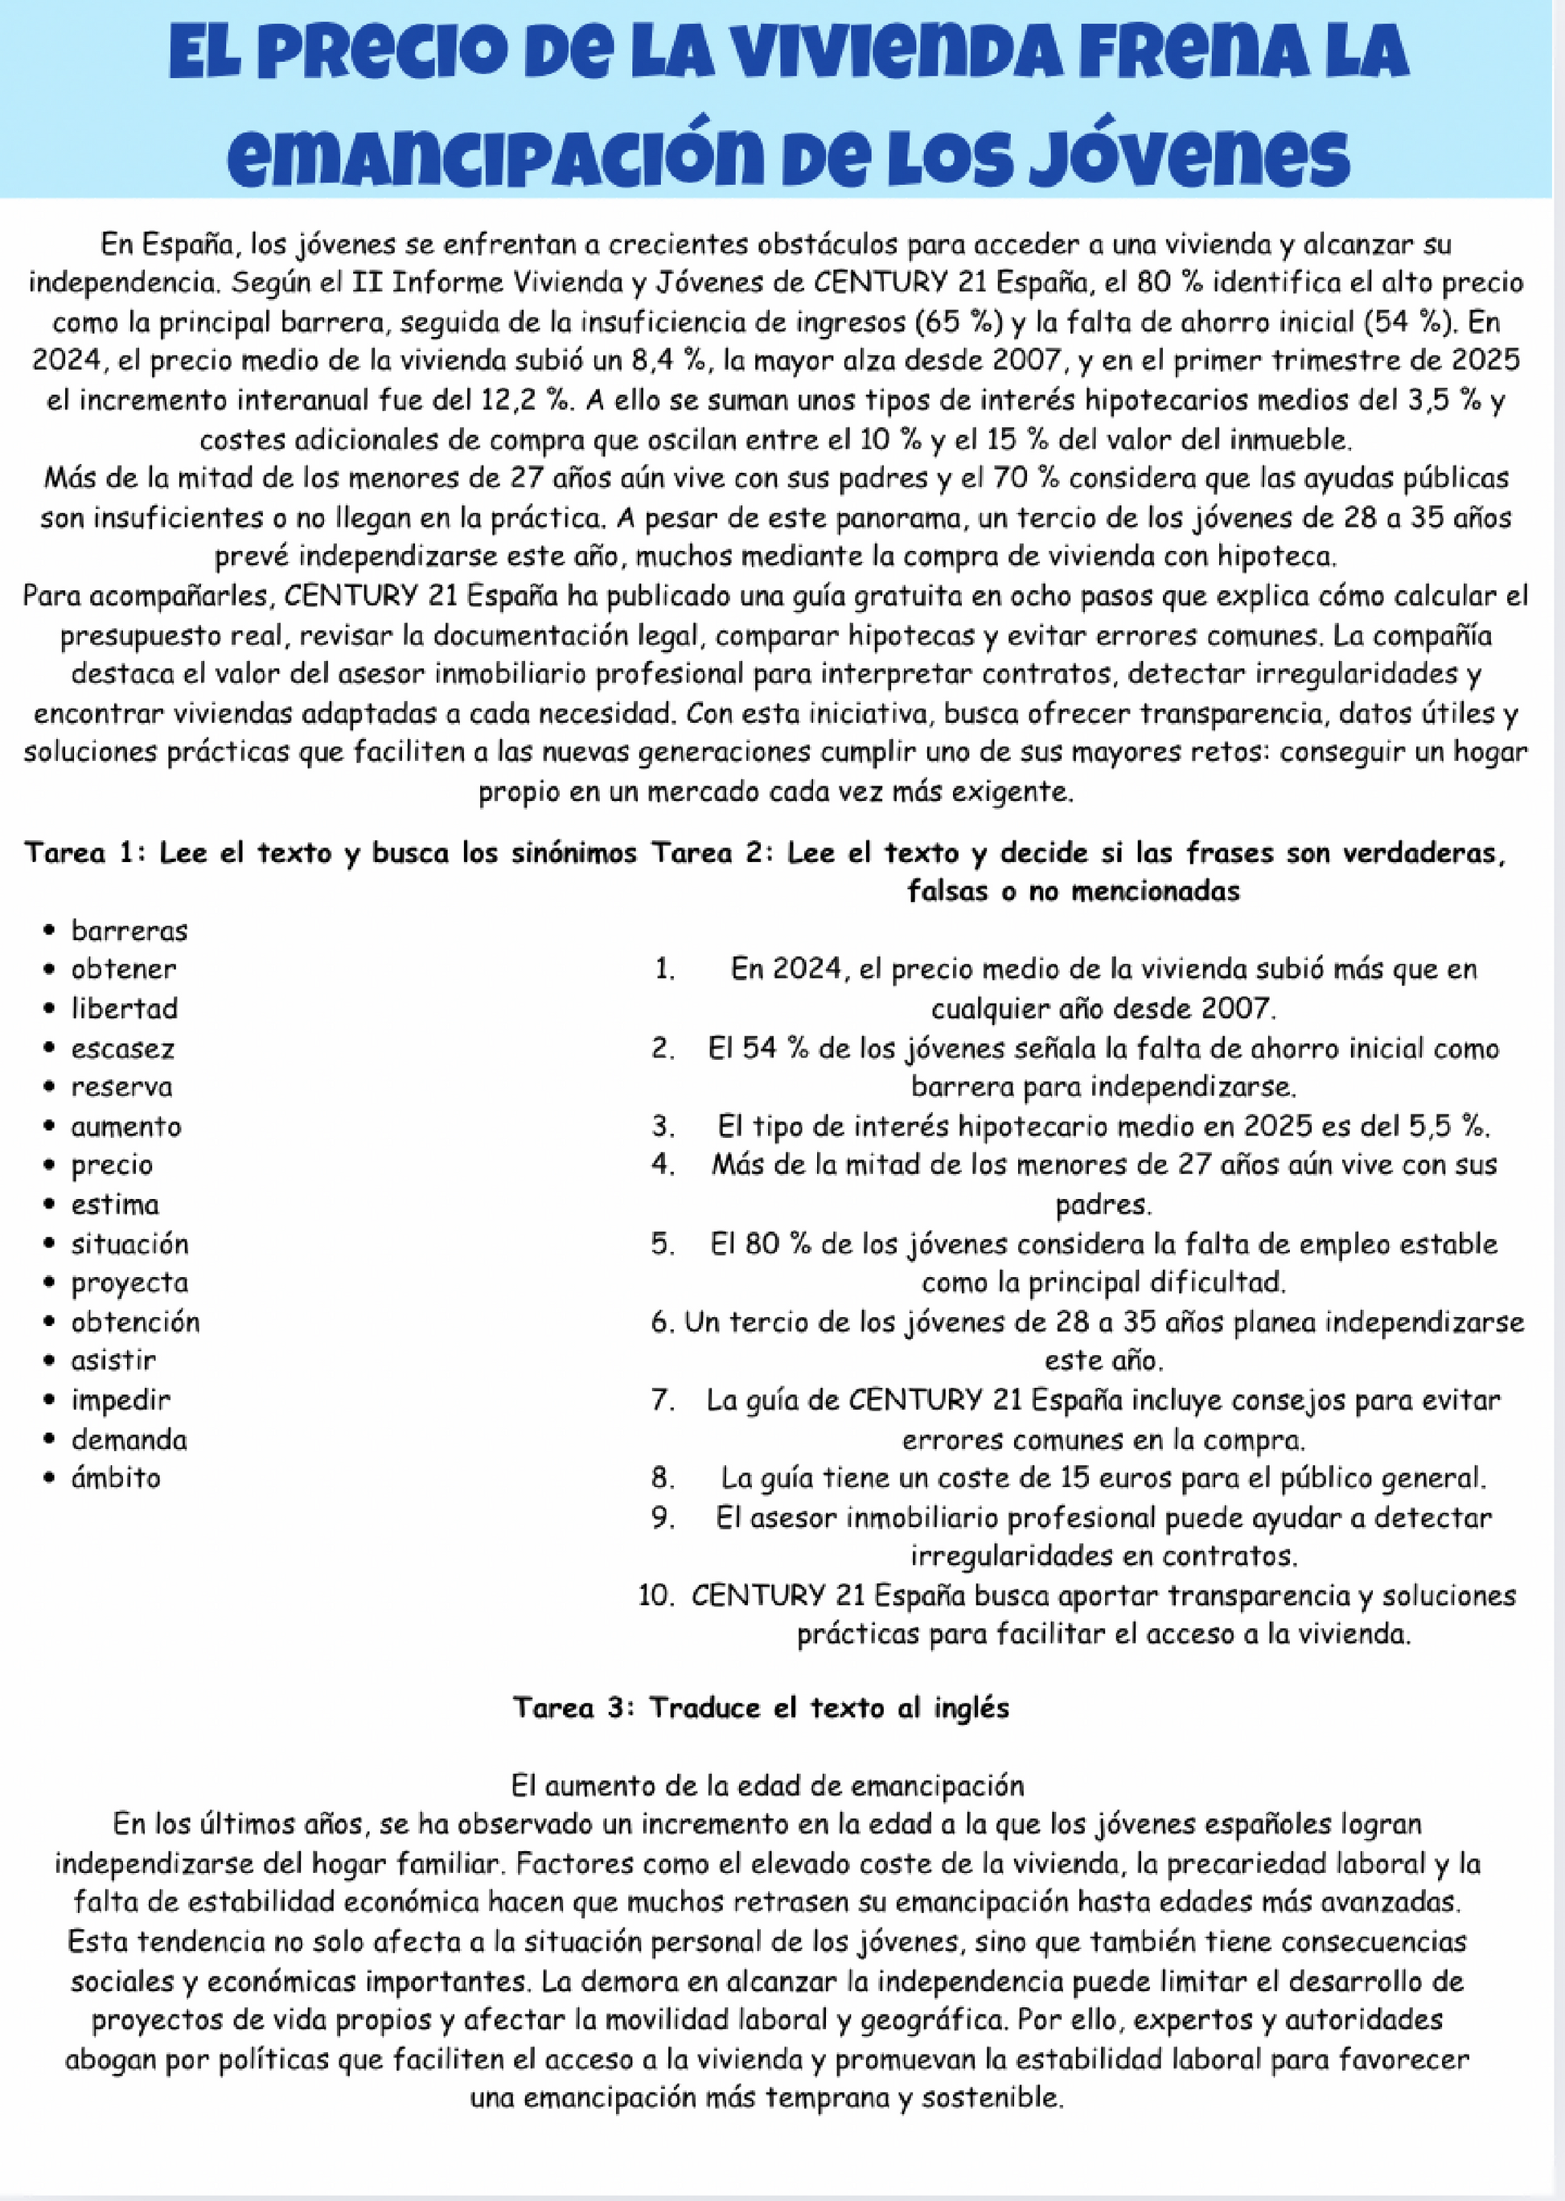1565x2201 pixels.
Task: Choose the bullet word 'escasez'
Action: click(x=122, y=1048)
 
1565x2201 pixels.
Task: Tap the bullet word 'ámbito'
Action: click(x=116, y=1477)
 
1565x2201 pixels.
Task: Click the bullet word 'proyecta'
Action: click(x=129, y=1282)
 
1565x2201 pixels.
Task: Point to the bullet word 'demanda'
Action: click(x=129, y=1439)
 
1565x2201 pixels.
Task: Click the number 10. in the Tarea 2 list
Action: click(x=655, y=1595)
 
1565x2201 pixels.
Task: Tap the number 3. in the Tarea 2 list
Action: click(x=663, y=1126)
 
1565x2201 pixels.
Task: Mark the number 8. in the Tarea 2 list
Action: click(x=663, y=1477)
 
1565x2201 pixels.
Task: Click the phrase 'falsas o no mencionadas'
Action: click(x=1073, y=891)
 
